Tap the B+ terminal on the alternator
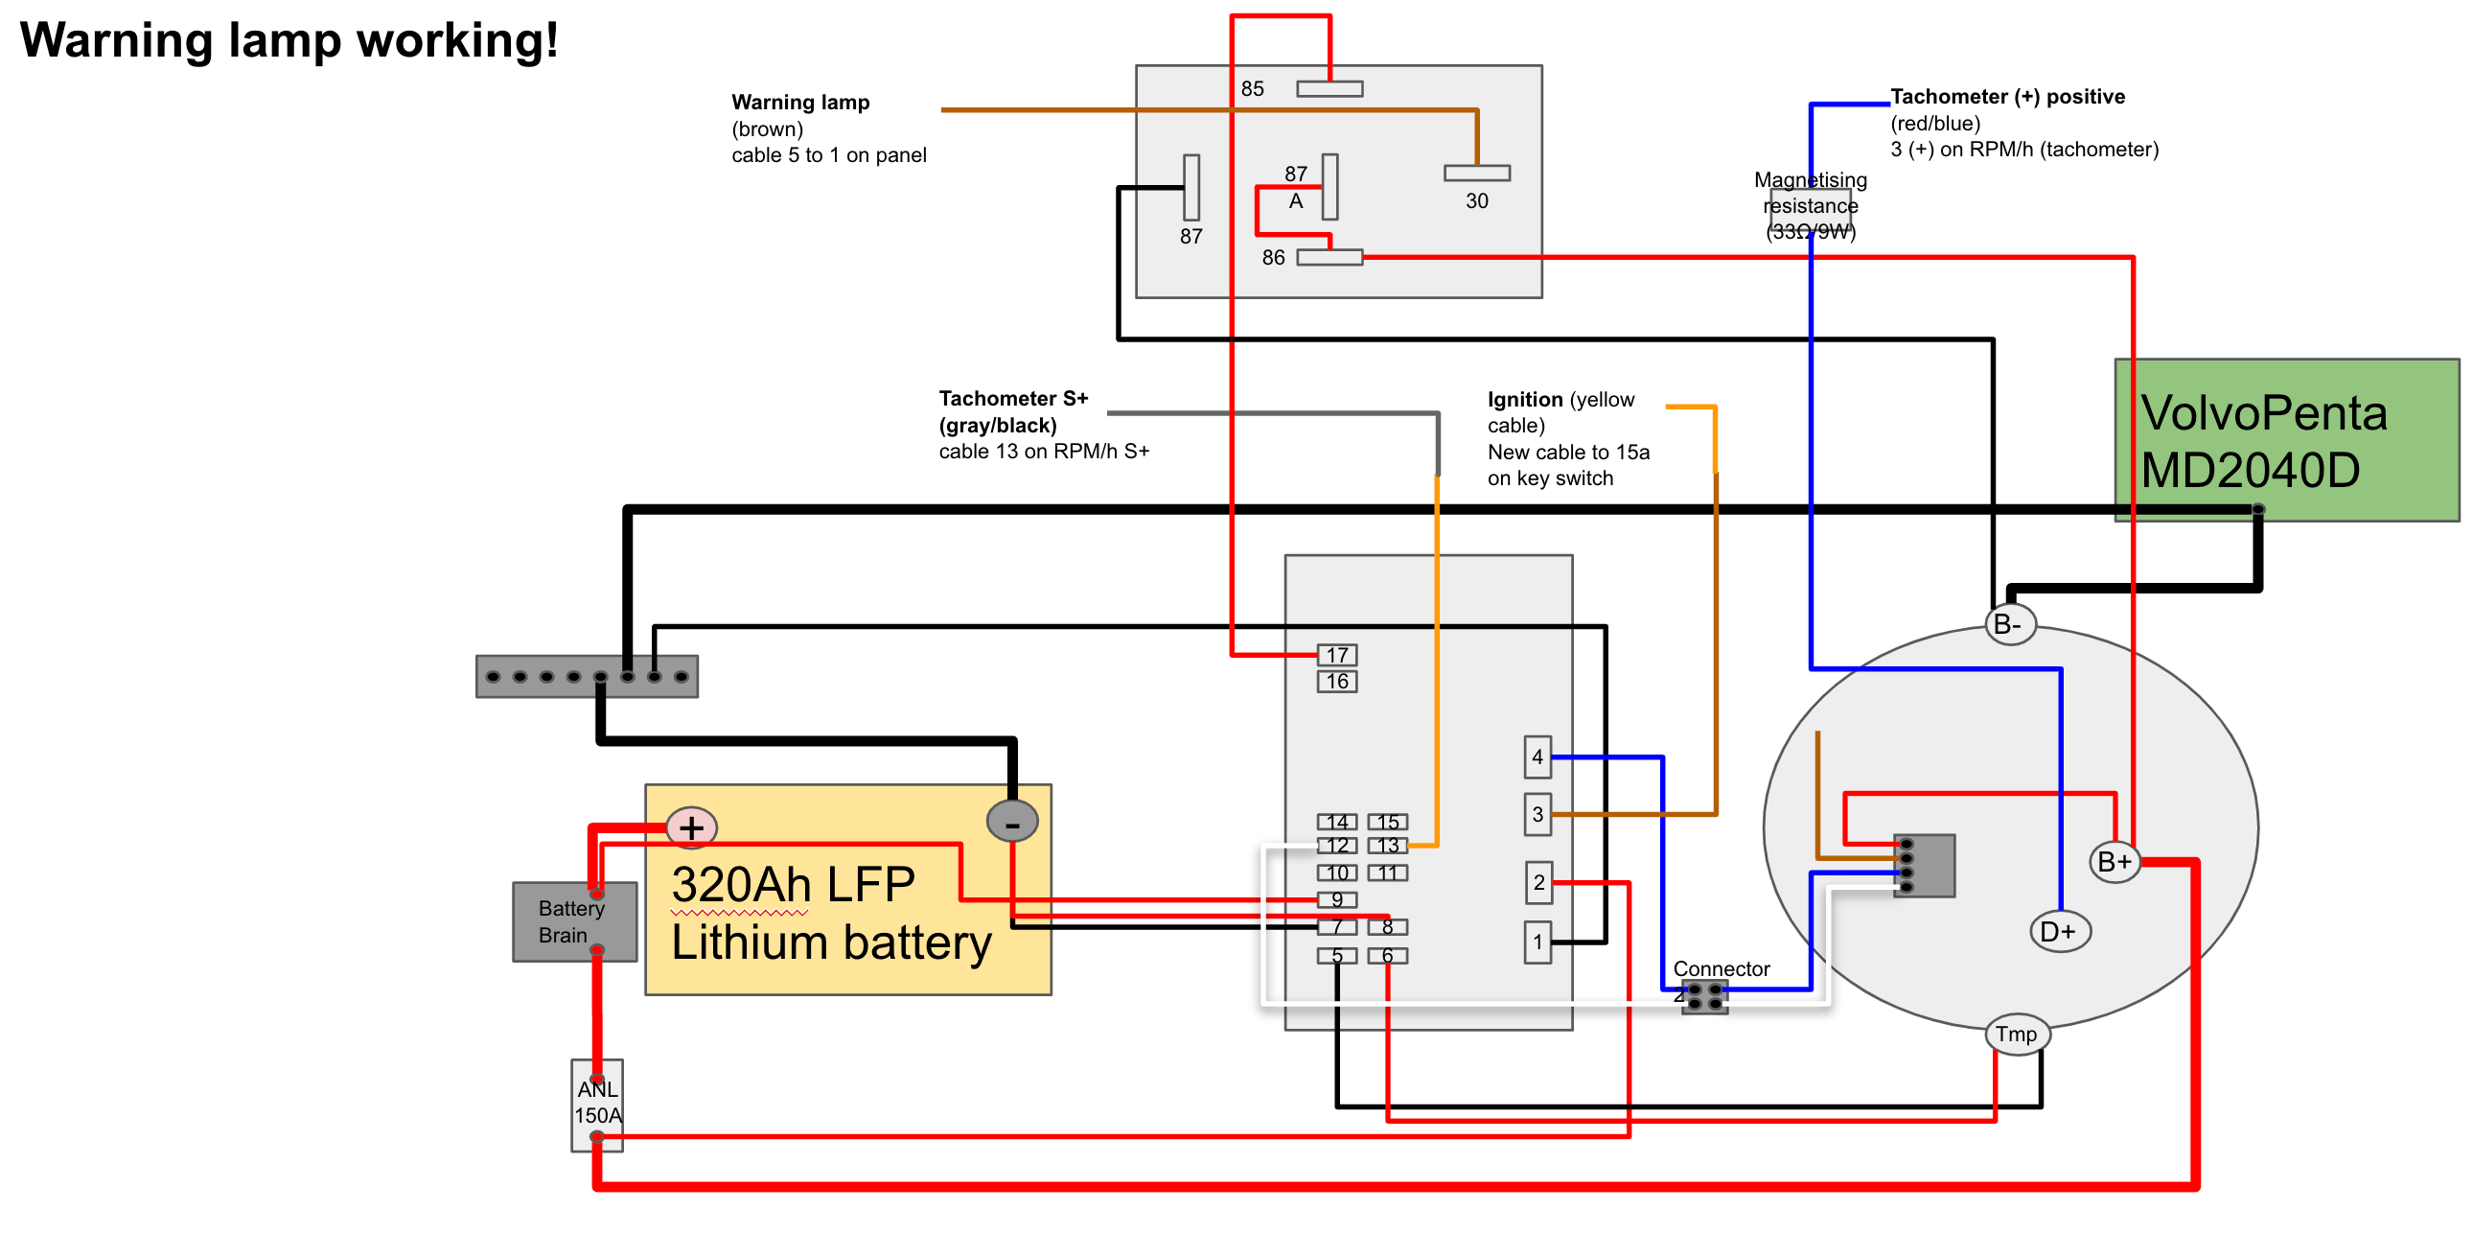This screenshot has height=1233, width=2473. coord(2115,861)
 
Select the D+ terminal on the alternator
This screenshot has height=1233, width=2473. coord(2059,932)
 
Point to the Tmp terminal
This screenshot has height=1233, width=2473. coord(2017,1035)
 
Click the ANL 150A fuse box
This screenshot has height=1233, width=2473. coord(597,1105)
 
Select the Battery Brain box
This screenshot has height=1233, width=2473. coord(574,921)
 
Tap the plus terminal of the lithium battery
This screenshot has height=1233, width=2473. coord(692,827)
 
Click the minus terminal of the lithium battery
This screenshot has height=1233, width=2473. coord(1012,822)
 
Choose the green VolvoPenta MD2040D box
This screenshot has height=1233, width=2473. coord(2286,441)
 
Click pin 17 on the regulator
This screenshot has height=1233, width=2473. coord(1337,655)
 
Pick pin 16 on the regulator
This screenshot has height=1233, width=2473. coord(1337,682)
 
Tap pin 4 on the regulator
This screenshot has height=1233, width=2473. coord(1537,756)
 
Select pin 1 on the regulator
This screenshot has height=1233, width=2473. coord(1537,942)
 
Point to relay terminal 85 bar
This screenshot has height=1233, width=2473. coord(1329,89)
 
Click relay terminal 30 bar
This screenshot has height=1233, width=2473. coord(1477,173)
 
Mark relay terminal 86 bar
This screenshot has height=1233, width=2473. coord(1329,257)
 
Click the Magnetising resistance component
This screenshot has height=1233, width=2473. coord(1811,206)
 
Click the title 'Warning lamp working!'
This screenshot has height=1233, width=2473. coord(289,40)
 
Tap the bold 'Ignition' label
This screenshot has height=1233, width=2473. coord(1524,400)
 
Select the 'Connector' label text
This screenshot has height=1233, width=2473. coord(1722,969)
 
